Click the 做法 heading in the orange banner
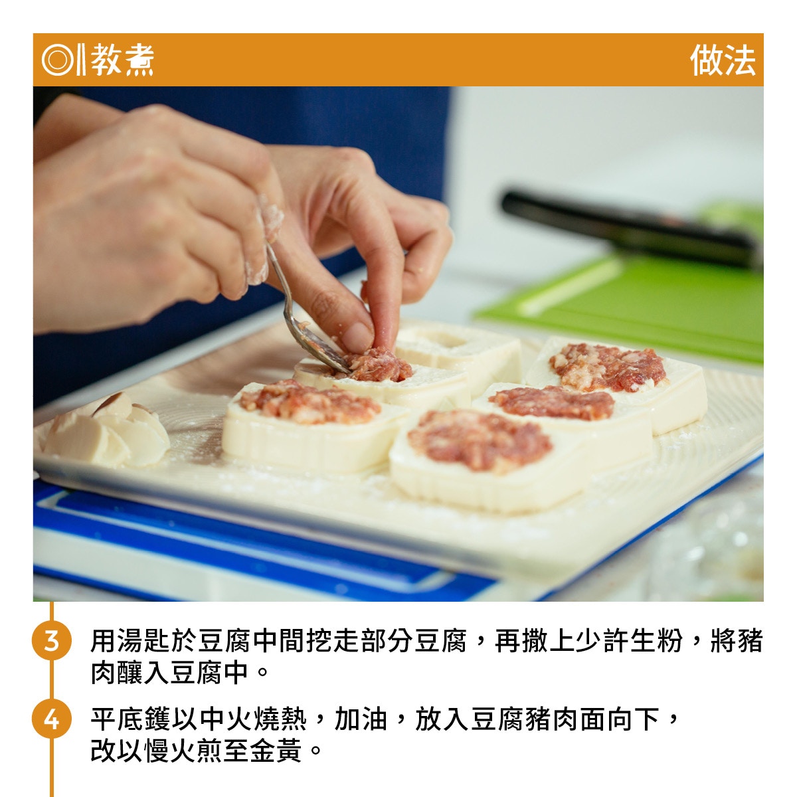coord(723,60)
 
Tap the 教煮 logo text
coord(122,60)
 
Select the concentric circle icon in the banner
coord(58,60)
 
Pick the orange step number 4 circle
coord(51,719)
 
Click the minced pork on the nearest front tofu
coord(480,440)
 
